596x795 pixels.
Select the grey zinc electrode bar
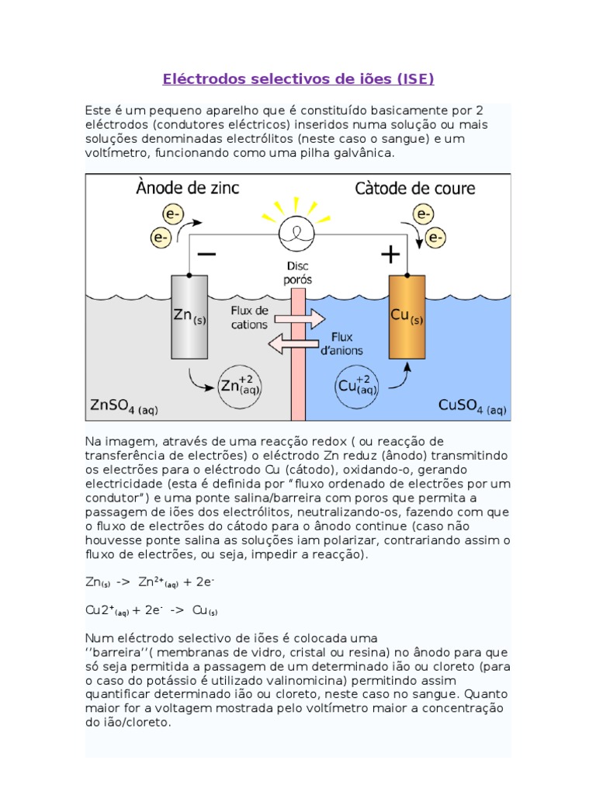(x=189, y=317)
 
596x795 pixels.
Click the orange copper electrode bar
(x=407, y=317)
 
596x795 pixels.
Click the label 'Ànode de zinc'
(x=189, y=187)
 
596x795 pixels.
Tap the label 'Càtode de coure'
(x=415, y=188)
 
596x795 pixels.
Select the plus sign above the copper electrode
(x=390, y=254)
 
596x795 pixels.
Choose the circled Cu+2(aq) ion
(x=359, y=386)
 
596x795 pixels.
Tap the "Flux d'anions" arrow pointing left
(x=297, y=344)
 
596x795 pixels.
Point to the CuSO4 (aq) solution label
(x=473, y=405)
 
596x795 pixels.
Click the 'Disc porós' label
(x=298, y=273)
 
